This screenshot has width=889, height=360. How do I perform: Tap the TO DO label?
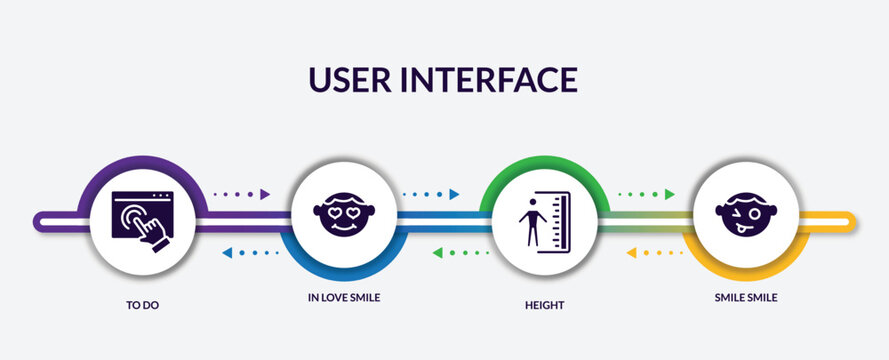point(142,304)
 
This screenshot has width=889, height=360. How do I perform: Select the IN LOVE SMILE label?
point(343,298)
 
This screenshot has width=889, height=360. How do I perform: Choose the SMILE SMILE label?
point(746,298)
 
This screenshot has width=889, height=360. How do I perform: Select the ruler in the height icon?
point(563,220)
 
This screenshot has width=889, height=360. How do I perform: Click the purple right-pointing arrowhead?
point(266,194)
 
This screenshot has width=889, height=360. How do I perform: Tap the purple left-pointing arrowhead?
point(226,253)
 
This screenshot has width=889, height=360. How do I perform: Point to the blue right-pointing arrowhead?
point(455,194)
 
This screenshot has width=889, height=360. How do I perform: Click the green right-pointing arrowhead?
point(670,194)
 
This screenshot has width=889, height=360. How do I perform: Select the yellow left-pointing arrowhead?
point(631,253)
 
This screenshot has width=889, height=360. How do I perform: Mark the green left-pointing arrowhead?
point(437,253)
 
